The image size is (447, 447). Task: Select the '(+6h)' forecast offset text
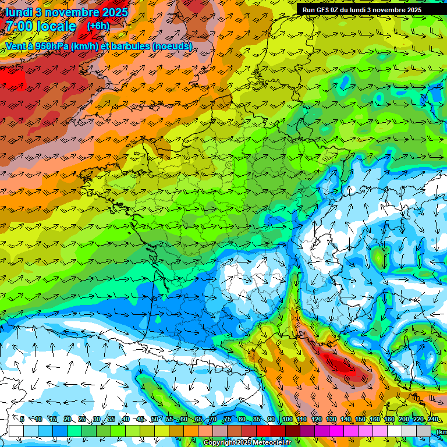(98, 26)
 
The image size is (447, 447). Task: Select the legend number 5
(22, 420)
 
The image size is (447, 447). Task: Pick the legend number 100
(287, 420)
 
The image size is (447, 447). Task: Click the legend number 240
(432, 420)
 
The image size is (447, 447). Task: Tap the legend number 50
(155, 420)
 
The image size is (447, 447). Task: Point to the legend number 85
(257, 420)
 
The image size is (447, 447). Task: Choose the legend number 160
(374, 420)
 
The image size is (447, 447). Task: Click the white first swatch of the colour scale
(16, 431)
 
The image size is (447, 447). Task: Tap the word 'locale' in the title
(55, 26)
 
